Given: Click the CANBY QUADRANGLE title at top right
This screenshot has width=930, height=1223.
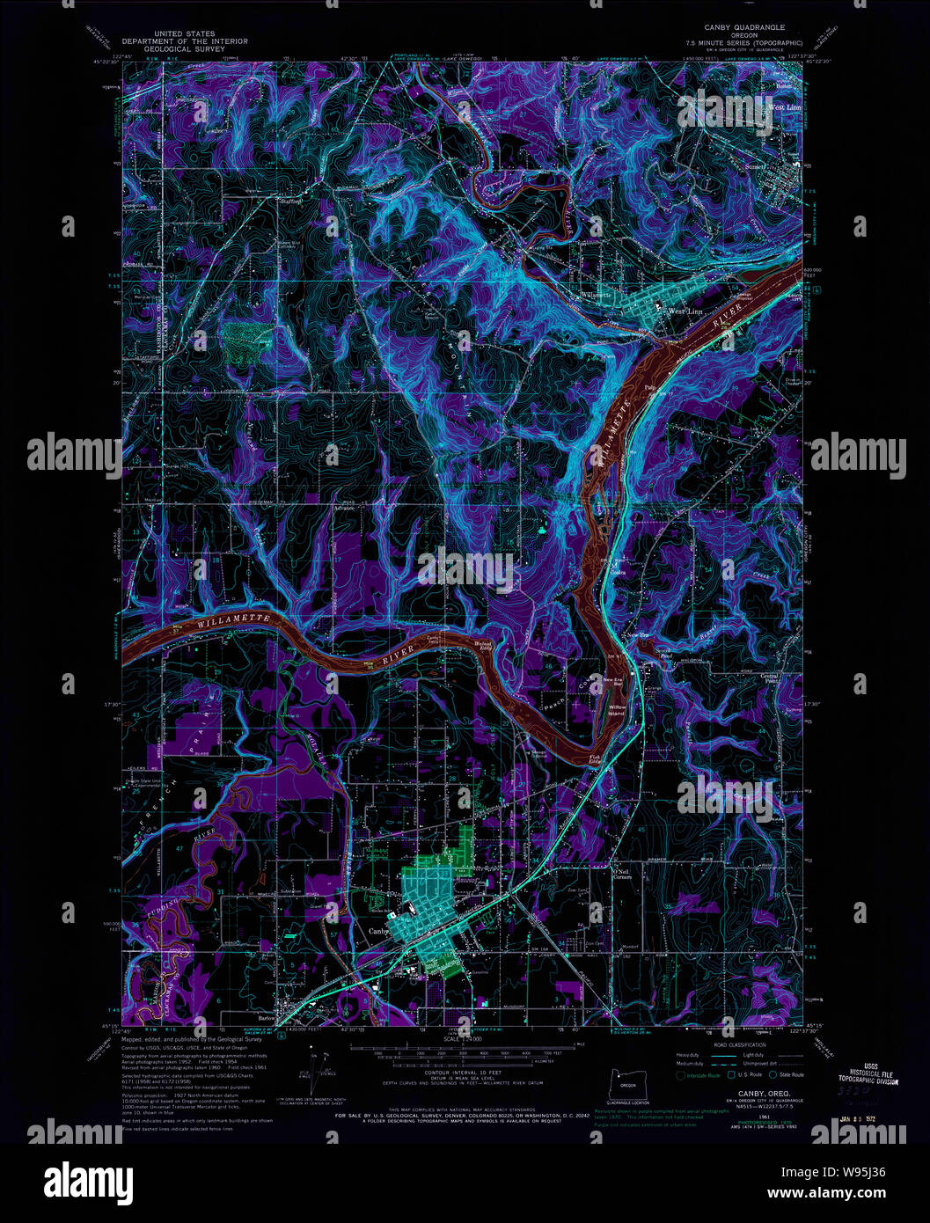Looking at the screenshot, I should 743,27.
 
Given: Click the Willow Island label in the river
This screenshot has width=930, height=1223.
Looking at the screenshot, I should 617,710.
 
